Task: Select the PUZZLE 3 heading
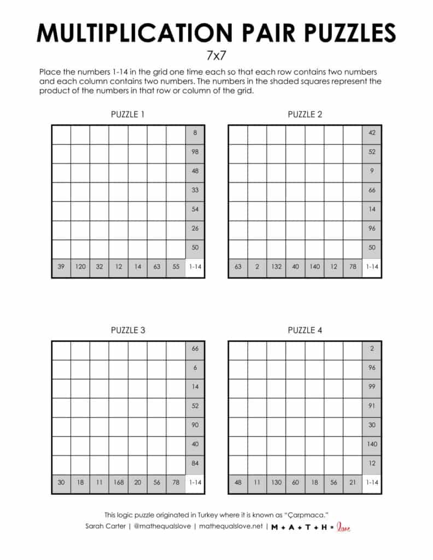pyautogui.click(x=128, y=330)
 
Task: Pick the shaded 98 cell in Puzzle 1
pyautogui.click(x=195, y=152)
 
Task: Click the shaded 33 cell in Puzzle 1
pyautogui.click(x=195, y=190)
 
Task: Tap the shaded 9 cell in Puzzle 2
pyautogui.click(x=372, y=171)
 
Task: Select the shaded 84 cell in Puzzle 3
pyautogui.click(x=195, y=464)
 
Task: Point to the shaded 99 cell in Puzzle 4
pyautogui.click(x=372, y=387)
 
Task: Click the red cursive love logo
pyautogui.click(x=343, y=527)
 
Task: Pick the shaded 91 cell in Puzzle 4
pyautogui.click(x=372, y=406)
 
